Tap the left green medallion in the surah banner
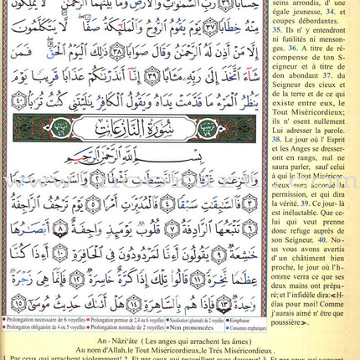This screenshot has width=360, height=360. point(39,128)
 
